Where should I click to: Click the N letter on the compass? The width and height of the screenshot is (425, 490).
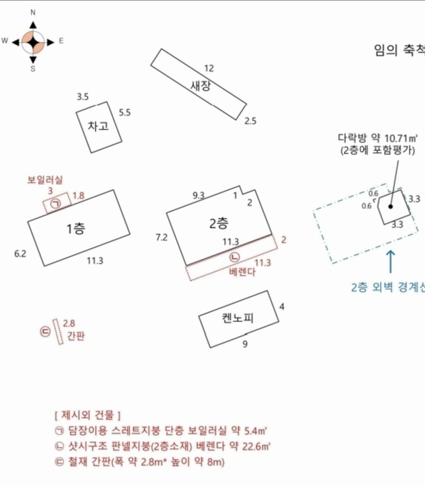pos(33,13)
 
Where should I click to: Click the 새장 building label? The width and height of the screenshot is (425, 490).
pos(201,85)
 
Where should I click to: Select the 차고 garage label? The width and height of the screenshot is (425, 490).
pos(98,126)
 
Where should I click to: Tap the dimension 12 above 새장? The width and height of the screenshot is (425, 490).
pos(209,68)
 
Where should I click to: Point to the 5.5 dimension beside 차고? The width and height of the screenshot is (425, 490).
pos(124,113)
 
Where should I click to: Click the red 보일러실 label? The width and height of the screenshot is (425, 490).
pos(45,180)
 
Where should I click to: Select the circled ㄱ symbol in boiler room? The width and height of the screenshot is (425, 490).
pos(56,204)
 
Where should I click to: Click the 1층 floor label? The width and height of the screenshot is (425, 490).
pos(75,228)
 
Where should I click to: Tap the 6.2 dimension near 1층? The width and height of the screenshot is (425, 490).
pos(20,254)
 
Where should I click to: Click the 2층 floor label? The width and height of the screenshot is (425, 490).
pos(219,223)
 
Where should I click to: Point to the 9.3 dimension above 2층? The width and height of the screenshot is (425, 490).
pos(199,195)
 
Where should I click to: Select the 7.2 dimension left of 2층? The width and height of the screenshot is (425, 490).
pos(161,237)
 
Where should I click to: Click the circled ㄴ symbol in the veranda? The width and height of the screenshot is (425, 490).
pos(235,257)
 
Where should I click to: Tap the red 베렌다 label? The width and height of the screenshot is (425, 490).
pos(242,272)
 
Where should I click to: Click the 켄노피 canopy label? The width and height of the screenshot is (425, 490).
pos(238,317)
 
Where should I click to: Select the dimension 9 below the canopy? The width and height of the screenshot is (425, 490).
pos(245,344)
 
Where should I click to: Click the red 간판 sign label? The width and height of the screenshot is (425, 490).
pos(76,336)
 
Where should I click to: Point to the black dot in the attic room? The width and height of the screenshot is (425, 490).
pos(390,206)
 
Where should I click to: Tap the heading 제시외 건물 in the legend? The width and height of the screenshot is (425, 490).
pos(87,415)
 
